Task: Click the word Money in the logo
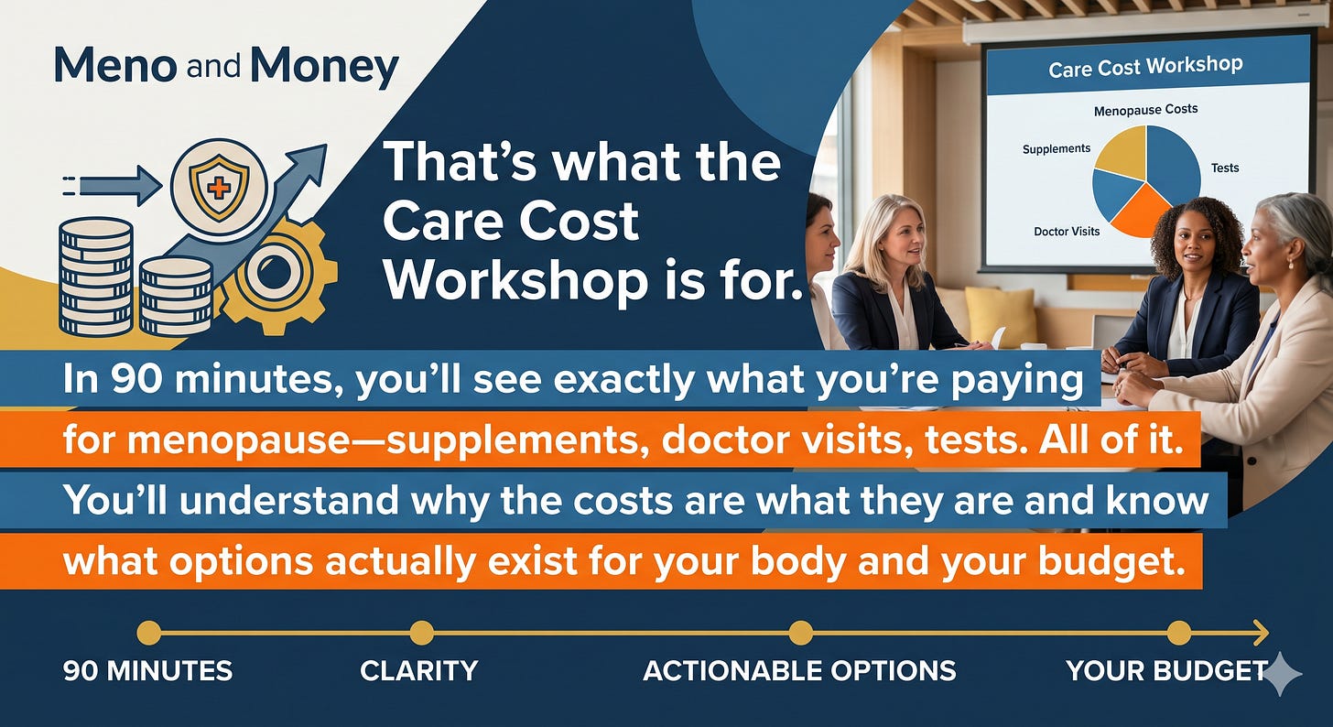pos(325,67)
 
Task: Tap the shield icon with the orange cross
pos(219,187)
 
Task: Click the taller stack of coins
pos(96,276)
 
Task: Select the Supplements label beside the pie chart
pos(1057,148)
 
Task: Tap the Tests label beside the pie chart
pos(1225,168)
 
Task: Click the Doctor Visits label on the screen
pos(1067,232)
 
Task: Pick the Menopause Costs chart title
pos(1145,110)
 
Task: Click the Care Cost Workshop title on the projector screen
pos(1145,67)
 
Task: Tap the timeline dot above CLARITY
pos(421,633)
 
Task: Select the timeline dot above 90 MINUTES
pos(148,633)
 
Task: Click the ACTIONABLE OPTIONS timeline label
pos(800,671)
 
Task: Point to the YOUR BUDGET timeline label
pos(1166,671)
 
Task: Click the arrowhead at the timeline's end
pos(1261,633)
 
